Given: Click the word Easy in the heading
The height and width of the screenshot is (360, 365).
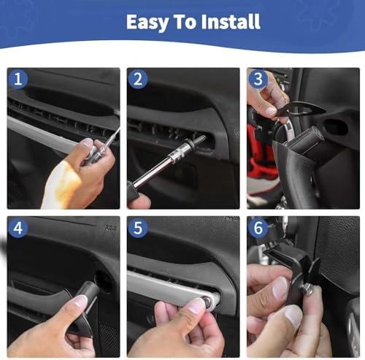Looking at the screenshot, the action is (147, 23).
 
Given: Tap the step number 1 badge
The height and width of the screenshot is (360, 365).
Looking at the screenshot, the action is (18, 79).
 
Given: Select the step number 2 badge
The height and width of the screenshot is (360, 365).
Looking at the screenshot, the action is (138, 79).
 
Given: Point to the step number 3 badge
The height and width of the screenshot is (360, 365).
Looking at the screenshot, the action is (258, 79).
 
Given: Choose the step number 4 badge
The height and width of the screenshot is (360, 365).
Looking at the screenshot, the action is (18, 228).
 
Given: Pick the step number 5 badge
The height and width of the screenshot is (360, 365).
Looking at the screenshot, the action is (138, 228).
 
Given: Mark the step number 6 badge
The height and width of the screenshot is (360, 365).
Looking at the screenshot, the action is (258, 228).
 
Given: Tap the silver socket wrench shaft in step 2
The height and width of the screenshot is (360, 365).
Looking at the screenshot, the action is (155, 169).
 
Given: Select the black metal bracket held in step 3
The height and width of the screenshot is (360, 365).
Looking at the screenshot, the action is (301, 109).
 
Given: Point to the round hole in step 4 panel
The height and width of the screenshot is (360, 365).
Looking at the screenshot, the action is (104, 281).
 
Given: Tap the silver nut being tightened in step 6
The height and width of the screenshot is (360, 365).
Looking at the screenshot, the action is (307, 291).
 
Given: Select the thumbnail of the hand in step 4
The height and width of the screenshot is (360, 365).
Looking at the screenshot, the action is (80, 302).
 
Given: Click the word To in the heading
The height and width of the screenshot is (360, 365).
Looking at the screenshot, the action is (185, 22).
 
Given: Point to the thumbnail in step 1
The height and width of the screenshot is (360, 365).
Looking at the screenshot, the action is (88, 142).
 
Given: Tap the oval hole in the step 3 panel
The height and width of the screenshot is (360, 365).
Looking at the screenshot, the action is (336, 126).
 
